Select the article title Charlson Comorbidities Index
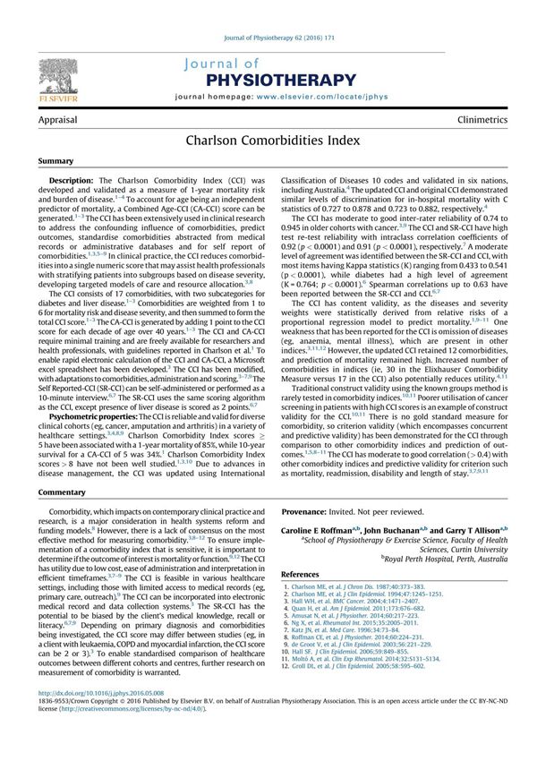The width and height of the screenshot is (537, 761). click(268, 141)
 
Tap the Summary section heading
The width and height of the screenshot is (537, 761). click(56, 161)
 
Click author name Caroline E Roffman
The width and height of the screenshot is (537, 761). click(328, 530)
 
